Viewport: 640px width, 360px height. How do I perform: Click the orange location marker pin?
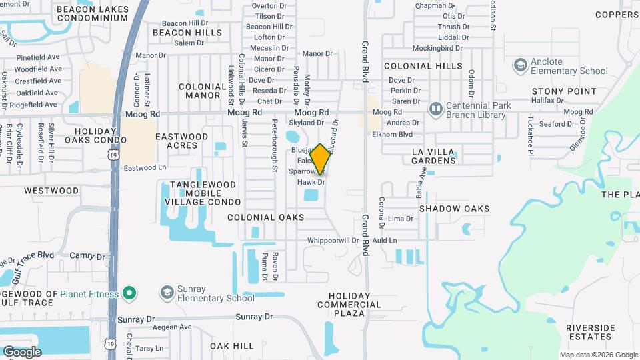pyautogui.click(x=320, y=159)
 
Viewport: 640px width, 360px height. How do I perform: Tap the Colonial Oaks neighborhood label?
pyautogui.click(x=265, y=217)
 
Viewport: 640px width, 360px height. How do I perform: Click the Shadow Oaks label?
pyautogui.click(x=454, y=209)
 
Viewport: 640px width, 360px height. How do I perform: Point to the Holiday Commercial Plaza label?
pyautogui.click(x=349, y=305)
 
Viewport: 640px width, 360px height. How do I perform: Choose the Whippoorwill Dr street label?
pyautogui.click(x=337, y=240)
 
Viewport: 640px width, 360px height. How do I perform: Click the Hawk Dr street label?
pyautogui.click(x=311, y=182)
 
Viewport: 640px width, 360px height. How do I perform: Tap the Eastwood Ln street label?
pyautogui.click(x=145, y=167)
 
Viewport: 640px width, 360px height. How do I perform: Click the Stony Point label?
pyautogui.click(x=555, y=91)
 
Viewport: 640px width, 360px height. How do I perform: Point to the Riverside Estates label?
pyautogui.click(x=590, y=332)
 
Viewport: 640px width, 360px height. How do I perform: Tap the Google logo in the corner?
pyautogui.click(x=22, y=351)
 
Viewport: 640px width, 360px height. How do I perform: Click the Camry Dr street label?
pyautogui.click(x=83, y=255)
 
